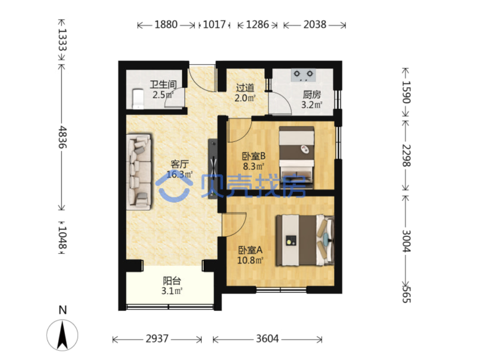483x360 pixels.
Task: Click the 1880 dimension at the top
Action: click(x=166, y=24)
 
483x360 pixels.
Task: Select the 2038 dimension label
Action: click(x=315, y=24)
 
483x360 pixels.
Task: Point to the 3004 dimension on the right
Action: click(x=406, y=241)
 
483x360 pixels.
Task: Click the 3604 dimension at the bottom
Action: click(x=268, y=339)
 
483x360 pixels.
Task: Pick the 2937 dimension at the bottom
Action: click(x=157, y=339)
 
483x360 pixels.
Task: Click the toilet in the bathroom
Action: click(x=137, y=99)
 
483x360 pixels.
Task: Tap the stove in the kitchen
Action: click(x=304, y=75)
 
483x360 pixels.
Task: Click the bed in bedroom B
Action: click(x=297, y=158)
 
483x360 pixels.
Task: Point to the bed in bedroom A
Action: click(x=305, y=240)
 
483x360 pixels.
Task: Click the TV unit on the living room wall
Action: click(x=213, y=169)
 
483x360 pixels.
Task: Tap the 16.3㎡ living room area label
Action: click(x=179, y=174)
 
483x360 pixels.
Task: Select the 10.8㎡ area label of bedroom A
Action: click(x=250, y=260)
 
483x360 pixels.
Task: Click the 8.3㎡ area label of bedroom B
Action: click(x=254, y=166)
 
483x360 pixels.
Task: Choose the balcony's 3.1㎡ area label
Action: click(x=172, y=291)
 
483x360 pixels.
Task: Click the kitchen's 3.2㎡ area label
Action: click(x=312, y=105)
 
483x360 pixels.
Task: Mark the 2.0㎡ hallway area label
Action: click(x=245, y=98)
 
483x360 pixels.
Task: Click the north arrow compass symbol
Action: click(x=62, y=335)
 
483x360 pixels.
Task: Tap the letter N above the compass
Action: click(x=63, y=310)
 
